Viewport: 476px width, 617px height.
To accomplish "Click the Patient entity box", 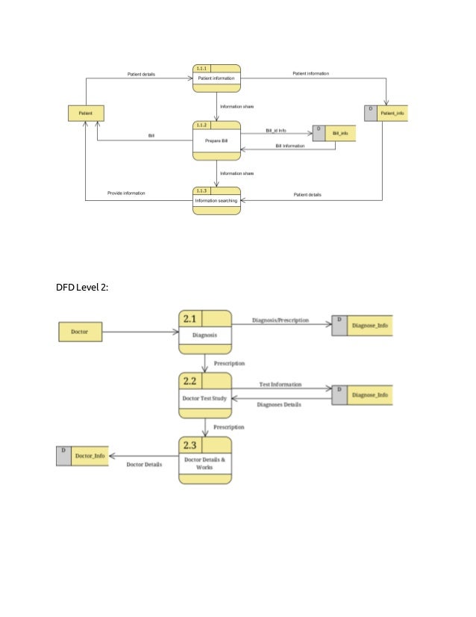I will pyautogui.click(x=86, y=114).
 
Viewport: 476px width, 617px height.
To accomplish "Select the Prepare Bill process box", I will pyautogui.click(x=216, y=140).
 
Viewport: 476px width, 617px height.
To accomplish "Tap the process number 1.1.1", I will pyautogui.click(x=201, y=69).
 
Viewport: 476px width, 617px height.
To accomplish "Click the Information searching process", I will pyautogui.click(x=216, y=201).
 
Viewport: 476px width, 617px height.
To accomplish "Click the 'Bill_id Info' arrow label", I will pyautogui.click(x=275, y=130).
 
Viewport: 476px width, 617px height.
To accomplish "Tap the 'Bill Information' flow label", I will pyautogui.click(x=289, y=146).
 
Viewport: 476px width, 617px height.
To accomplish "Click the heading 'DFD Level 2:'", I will pyautogui.click(x=82, y=287).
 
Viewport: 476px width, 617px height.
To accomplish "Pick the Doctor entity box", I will pyautogui.click(x=80, y=331).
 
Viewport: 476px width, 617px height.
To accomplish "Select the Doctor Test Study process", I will pyautogui.click(x=204, y=398).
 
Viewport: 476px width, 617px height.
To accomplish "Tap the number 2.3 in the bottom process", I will pyautogui.click(x=189, y=446).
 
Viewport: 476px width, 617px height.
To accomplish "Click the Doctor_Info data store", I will pyautogui.click(x=81, y=455).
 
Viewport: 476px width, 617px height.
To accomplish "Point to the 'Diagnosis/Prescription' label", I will pyautogui.click(x=280, y=320).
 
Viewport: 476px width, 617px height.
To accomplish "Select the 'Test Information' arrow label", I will pyautogui.click(x=280, y=384).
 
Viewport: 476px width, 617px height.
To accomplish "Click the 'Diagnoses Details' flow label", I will pyautogui.click(x=278, y=405).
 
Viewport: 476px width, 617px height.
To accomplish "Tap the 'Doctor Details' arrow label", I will pyautogui.click(x=144, y=464).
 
